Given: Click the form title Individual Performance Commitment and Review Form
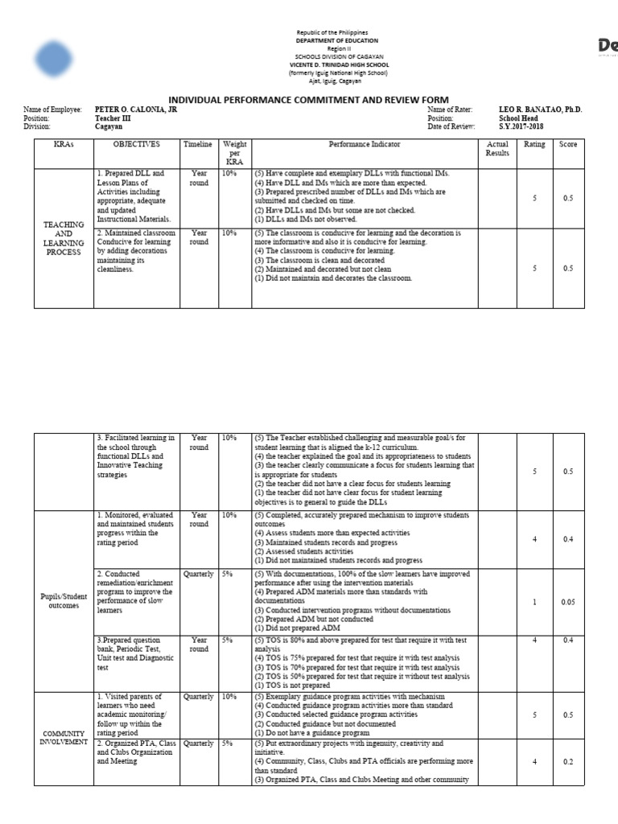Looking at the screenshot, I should pos(308,99).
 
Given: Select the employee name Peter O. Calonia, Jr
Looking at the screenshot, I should pos(136,109).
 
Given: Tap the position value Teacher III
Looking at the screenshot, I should pos(113,118).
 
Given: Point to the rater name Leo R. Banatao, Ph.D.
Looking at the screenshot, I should pos(540,109).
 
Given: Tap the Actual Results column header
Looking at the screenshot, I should pos(498,149).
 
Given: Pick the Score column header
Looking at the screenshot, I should pos(568,145).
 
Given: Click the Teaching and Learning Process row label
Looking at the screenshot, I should pos(63,239).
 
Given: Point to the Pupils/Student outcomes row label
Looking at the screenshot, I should pos(63,601).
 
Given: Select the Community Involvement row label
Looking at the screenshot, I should pos(63,737).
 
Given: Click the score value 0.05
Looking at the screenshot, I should pos(568,601).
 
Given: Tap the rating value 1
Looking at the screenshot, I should pos(534,601).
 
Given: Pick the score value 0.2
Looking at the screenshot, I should pos(568,761).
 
